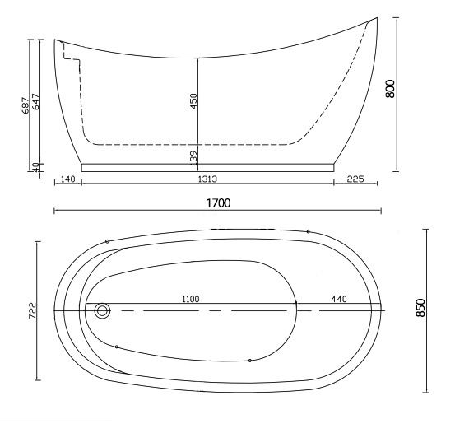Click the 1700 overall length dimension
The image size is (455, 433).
[x=219, y=203]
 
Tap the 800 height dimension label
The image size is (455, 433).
[x=390, y=89]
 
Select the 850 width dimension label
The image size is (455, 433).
[x=420, y=308]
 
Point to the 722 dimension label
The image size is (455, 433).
[x=33, y=310]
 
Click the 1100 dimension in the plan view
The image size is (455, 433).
[x=191, y=299]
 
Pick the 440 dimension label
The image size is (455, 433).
[x=339, y=299]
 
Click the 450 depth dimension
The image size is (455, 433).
[x=193, y=101]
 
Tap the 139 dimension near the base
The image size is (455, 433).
[x=193, y=157]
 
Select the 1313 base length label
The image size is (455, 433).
[x=207, y=179]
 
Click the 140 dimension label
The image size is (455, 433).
[x=67, y=179]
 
